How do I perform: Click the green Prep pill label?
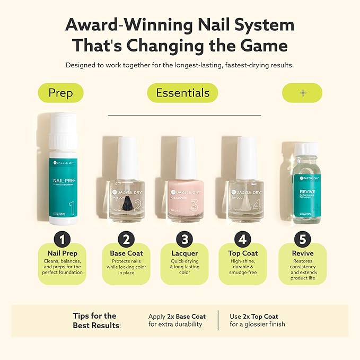click(61, 93)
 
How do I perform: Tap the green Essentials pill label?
click(182, 93)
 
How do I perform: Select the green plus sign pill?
click(302, 93)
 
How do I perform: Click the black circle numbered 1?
click(62, 239)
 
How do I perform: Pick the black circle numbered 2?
click(126, 239)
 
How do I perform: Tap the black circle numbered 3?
click(185, 239)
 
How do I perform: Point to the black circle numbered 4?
click(242, 239)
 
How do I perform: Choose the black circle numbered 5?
click(302, 239)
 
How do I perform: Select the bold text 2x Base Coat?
click(184, 317)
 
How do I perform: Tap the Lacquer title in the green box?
click(185, 253)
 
